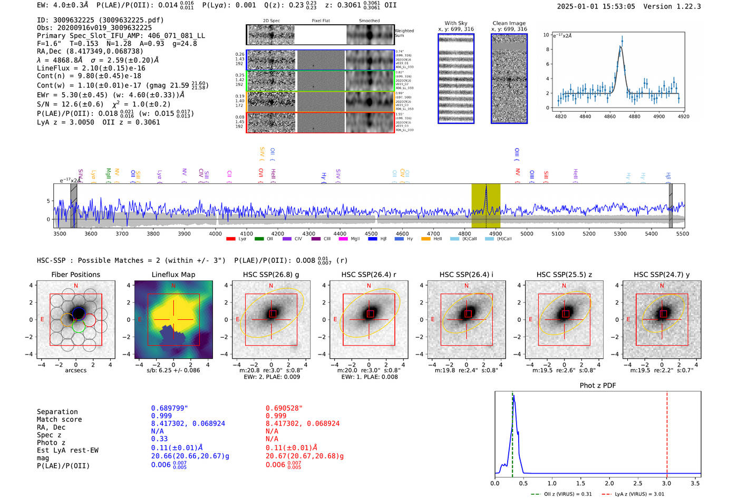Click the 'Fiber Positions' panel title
click(x=75, y=274)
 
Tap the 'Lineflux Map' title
click(x=173, y=274)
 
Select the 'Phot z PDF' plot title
click(x=598, y=385)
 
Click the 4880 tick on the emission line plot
click(x=634, y=116)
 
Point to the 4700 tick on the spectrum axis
click(x=433, y=233)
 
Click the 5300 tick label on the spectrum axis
click(x=620, y=233)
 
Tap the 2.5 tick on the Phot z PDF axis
click(x=638, y=483)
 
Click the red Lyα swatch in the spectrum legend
click(x=230, y=239)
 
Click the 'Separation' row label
click(x=57, y=411)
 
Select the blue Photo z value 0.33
click(x=159, y=439)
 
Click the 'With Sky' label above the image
click(x=456, y=23)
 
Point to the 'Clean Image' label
click(x=509, y=23)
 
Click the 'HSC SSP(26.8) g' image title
click(x=271, y=274)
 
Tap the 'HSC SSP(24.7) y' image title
click(x=662, y=274)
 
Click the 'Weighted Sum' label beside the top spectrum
click(x=404, y=33)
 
